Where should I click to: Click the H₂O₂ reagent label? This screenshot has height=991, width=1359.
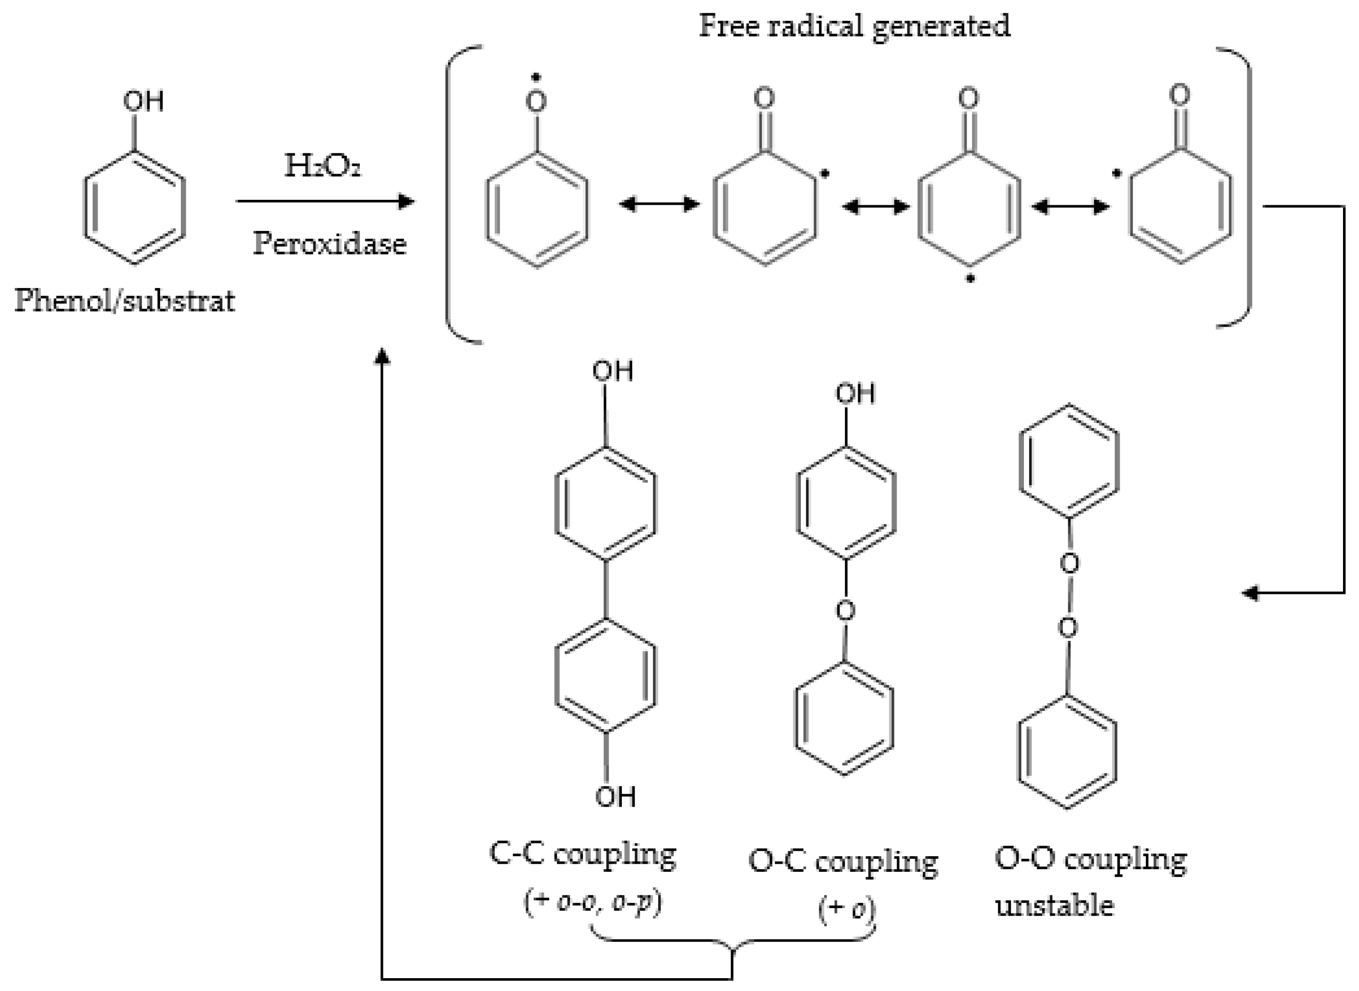coord(322,166)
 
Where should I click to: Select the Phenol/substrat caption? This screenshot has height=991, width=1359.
coord(125,300)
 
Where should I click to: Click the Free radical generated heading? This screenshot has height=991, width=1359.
coord(855,26)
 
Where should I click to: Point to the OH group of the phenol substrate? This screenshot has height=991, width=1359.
coord(144,101)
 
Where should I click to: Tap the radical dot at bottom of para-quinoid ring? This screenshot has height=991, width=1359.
coord(970,279)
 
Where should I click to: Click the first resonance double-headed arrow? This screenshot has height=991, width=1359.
coord(659,205)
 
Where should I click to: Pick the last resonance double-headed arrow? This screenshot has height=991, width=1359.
coord(1070,207)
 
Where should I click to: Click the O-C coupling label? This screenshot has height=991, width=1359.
coord(843,862)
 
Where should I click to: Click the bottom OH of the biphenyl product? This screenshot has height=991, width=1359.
coord(615,796)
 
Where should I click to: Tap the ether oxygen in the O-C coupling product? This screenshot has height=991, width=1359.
coord(845,611)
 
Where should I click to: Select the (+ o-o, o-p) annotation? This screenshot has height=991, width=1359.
coord(593,903)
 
